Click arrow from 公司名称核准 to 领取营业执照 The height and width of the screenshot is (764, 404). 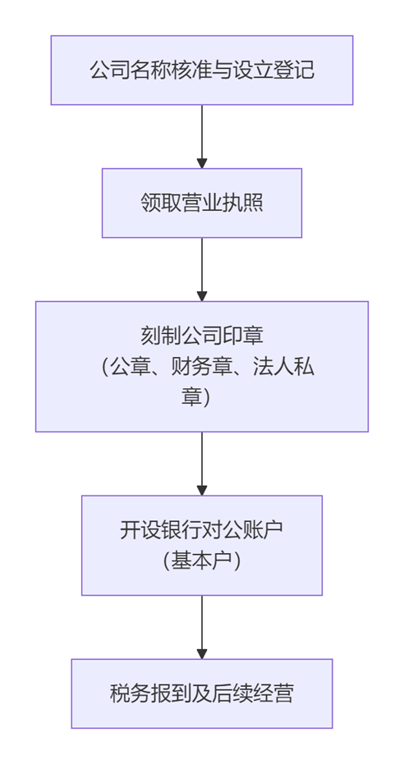coord(202,136)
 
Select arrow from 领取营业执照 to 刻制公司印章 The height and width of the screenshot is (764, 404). coord(202,269)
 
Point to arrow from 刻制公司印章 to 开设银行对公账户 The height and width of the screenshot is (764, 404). coord(202,464)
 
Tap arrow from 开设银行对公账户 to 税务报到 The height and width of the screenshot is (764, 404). coord(202,627)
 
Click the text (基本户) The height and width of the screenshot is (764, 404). coord(202,561)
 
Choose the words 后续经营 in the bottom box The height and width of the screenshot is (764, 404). coord(253,694)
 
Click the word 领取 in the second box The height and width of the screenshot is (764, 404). coord(161,204)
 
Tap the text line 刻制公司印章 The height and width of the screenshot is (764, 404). coord(202,336)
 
